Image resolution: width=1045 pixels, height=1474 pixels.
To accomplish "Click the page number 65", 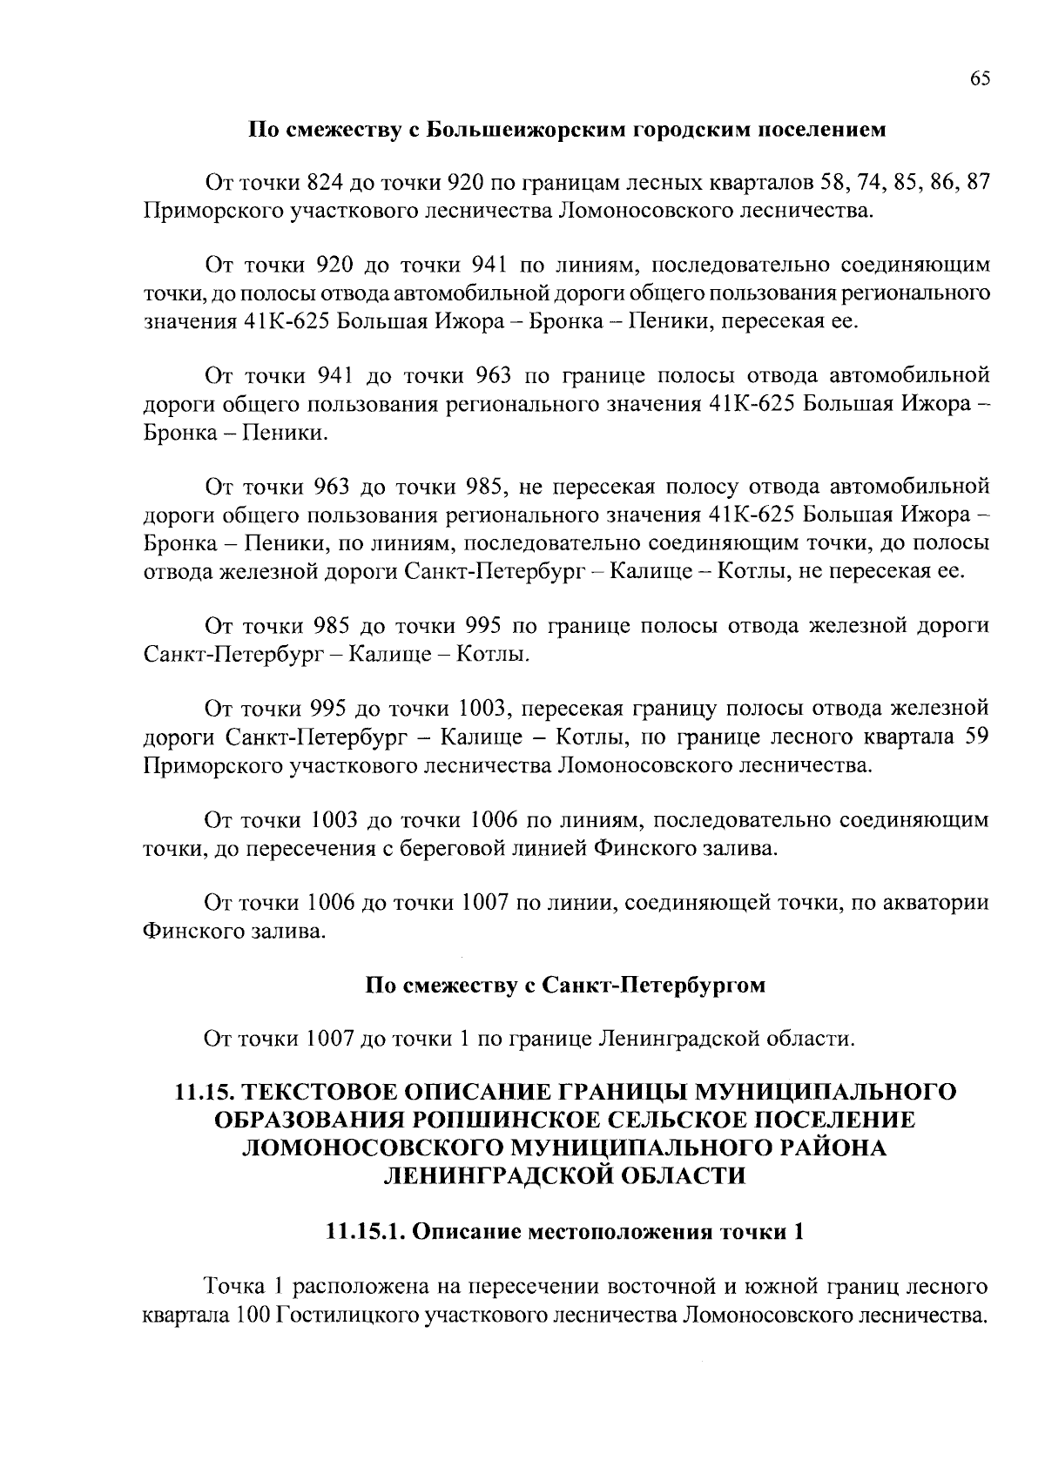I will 979,78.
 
